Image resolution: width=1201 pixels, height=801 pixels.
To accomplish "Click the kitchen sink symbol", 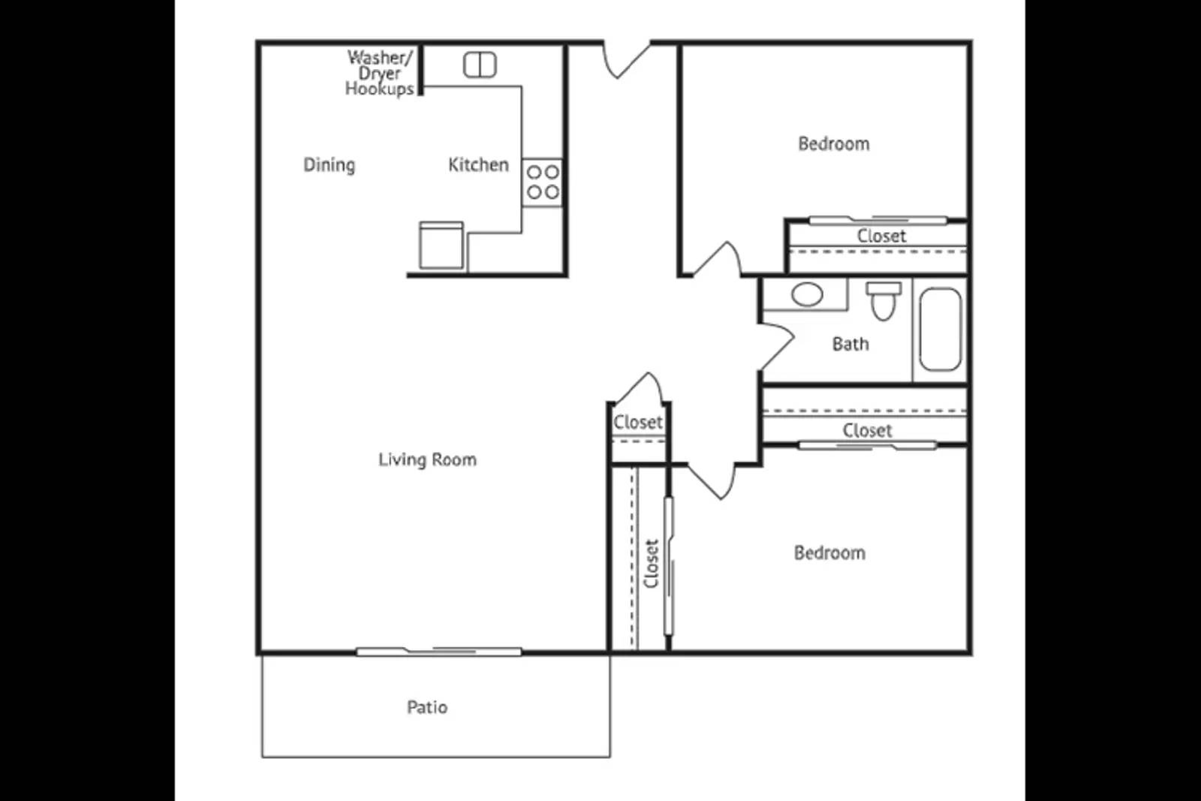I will [480, 65].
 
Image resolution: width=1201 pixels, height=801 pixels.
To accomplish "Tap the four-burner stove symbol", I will [542, 182].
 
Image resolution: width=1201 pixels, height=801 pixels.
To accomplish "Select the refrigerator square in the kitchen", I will [441, 245].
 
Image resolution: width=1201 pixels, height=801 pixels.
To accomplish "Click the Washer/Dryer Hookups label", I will [379, 74].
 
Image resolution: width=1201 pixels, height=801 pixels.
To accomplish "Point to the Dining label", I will [329, 165].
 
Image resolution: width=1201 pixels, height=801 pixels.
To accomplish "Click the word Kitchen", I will [478, 165].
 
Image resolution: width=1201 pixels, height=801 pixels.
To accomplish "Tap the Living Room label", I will [427, 459].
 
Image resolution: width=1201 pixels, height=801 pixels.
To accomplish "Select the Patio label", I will [427, 707].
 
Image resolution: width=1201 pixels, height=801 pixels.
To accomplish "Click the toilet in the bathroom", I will [883, 300].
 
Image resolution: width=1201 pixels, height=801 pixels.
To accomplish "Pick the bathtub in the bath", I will [940, 330].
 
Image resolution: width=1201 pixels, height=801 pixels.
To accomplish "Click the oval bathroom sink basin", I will [807, 294].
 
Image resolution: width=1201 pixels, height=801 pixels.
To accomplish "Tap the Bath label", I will [850, 344].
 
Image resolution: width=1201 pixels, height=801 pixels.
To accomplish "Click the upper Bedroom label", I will [833, 144].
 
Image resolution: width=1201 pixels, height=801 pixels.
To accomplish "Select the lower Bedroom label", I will [829, 553].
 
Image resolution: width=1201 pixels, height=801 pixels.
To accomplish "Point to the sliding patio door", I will [438, 651].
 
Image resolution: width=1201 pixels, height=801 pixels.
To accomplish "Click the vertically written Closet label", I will [651, 564].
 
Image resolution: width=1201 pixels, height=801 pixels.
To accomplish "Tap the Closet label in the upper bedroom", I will [881, 236].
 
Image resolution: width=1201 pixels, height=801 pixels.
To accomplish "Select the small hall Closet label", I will [638, 423].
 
